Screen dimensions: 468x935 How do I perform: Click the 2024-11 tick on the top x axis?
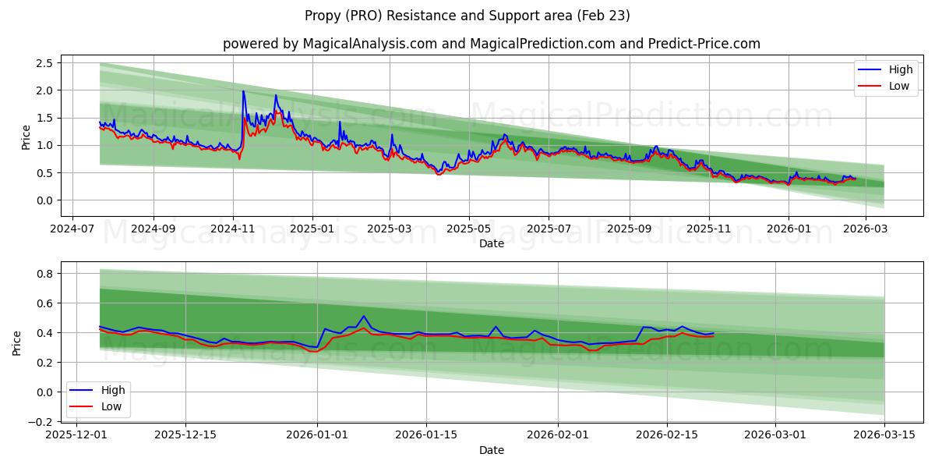coord(233,229)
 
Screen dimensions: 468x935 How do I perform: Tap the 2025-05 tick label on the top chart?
coord(469,229)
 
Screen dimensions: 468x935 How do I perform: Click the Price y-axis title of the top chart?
coord(26,137)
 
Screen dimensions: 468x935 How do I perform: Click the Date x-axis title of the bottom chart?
coord(491,450)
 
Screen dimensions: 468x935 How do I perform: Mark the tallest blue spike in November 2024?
coord(243,91)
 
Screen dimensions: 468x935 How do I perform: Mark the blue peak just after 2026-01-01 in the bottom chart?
coord(363,316)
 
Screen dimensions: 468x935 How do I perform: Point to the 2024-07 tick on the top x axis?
coord(72,229)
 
